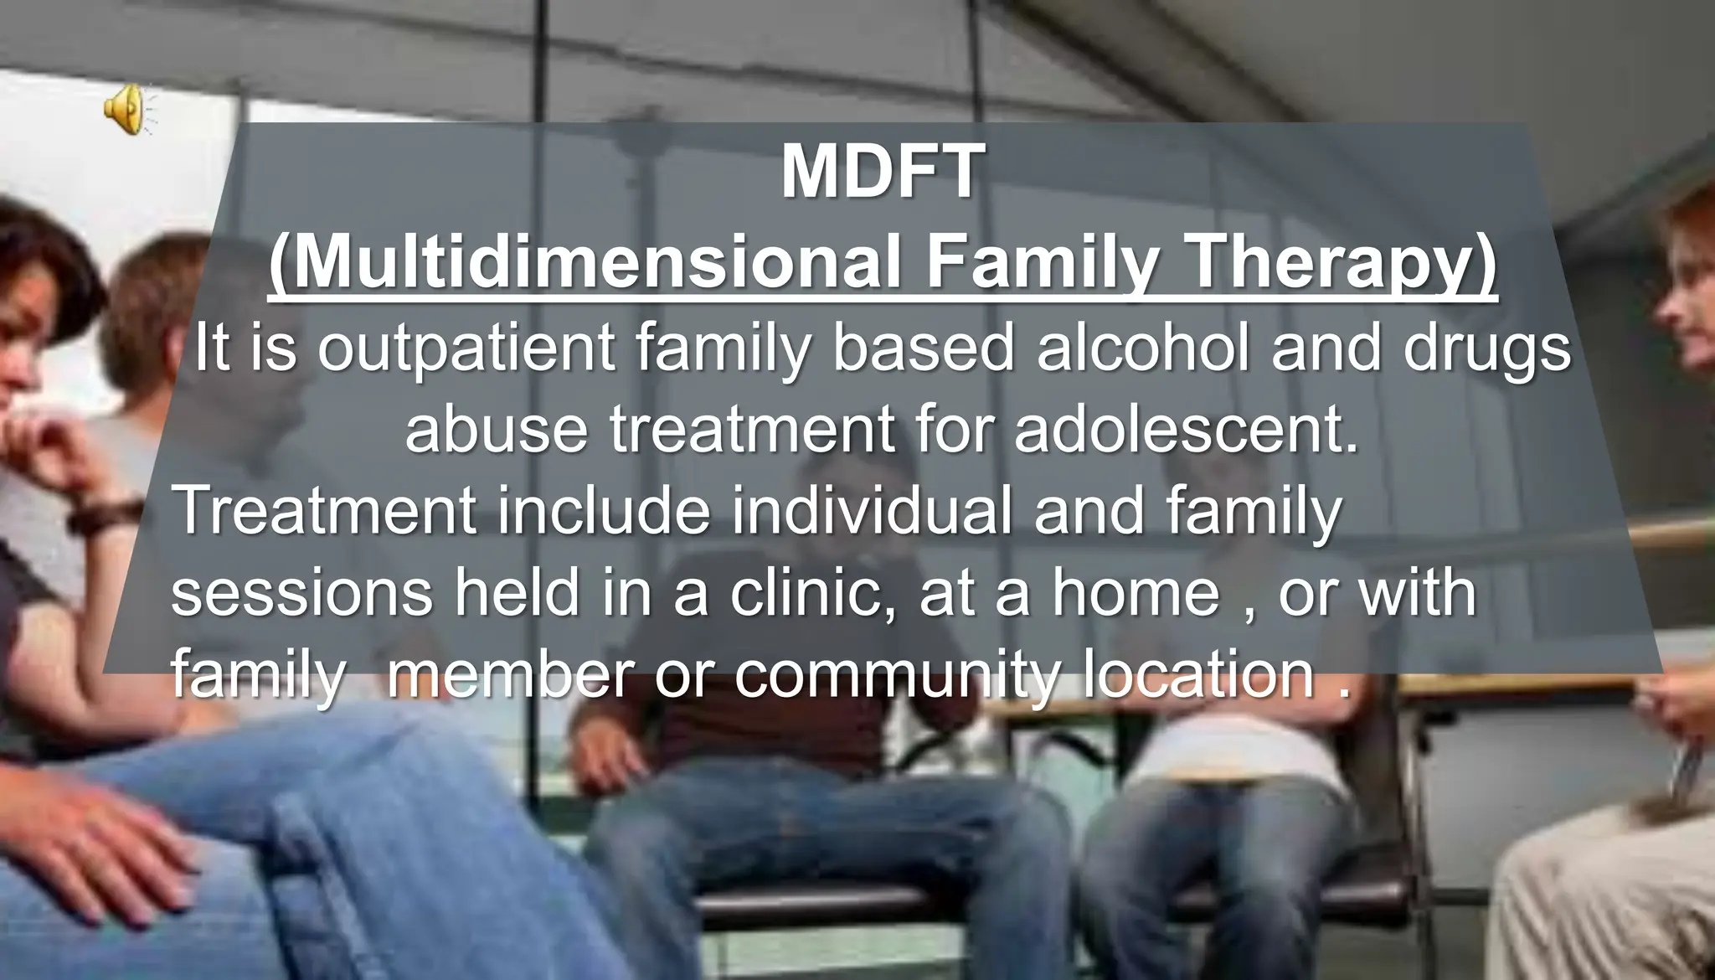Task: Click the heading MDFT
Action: pos(878,173)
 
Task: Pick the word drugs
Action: pos(1486,350)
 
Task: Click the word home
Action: pos(1135,593)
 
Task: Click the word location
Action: pos(1197,675)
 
